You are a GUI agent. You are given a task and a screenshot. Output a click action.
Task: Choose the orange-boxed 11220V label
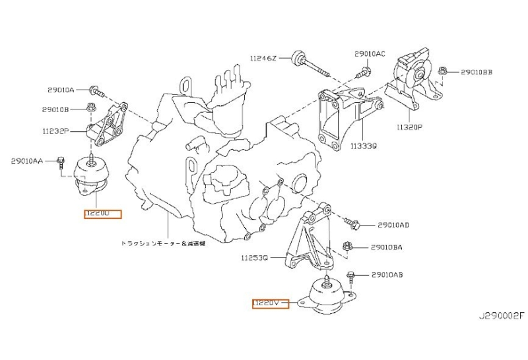pyautogui.click(x=271, y=303)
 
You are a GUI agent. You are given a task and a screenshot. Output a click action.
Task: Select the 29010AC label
pyautogui.click(x=369, y=53)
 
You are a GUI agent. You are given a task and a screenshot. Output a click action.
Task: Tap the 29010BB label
pyautogui.click(x=477, y=71)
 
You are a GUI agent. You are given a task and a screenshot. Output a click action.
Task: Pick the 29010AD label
pyautogui.click(x=393, y=225)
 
